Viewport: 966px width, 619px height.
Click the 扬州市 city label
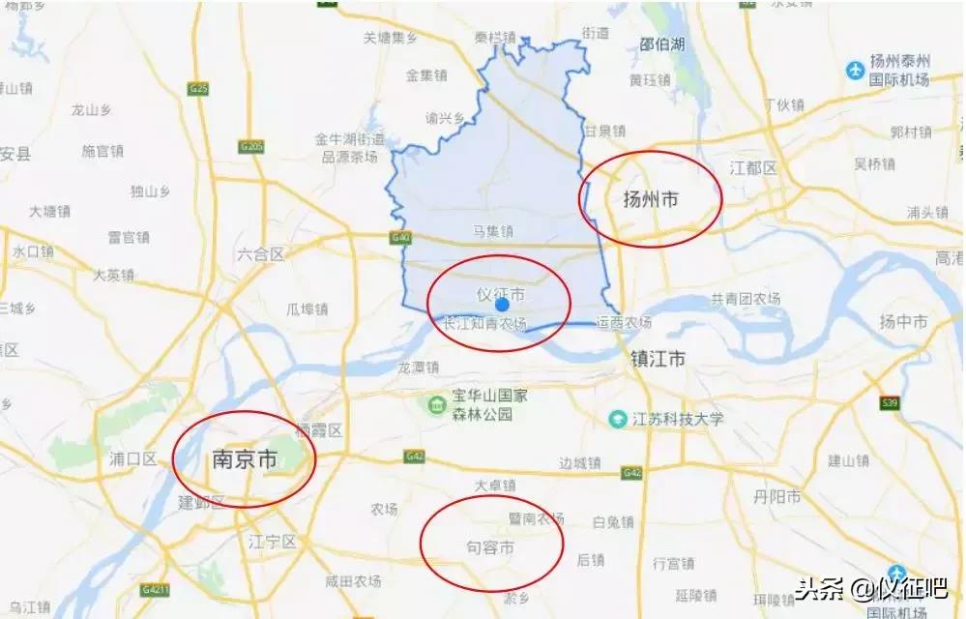click(x=650, y=200)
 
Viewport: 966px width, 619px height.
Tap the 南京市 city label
click(x=244, y=460)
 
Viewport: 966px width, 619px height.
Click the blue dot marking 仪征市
click(x=502, y=304)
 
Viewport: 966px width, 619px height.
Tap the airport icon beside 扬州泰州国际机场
click(x=854, y=71)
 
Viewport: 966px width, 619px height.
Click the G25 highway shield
click(x=199, y=89)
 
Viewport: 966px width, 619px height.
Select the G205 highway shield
click(x=250, y=146)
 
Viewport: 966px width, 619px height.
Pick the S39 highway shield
click(x=891, y=402)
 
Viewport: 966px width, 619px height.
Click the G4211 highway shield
click(x=154, y=589)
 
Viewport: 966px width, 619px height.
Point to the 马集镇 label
click(x=493, y=231)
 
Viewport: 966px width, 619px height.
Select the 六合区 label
click(x=260, y=254)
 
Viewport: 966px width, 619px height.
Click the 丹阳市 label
click(x=778, y=497)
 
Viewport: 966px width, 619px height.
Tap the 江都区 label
click(x=754, y=168)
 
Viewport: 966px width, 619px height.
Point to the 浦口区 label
click(x=133, y=458)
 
